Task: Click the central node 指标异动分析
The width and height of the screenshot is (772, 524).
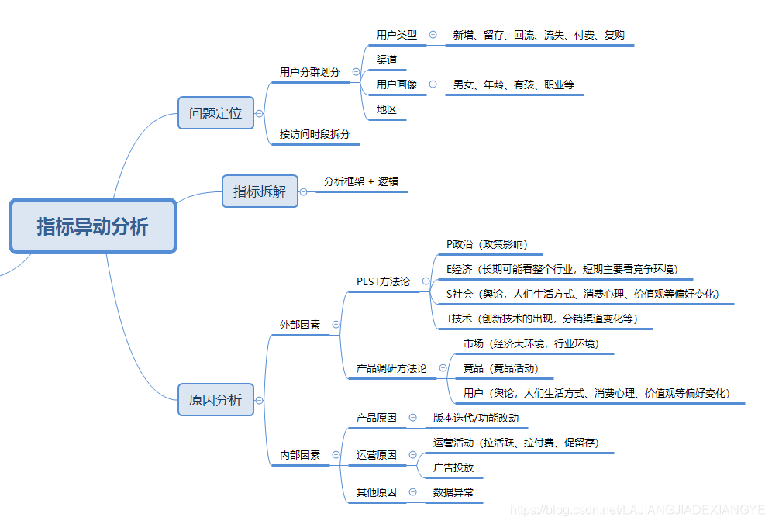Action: click(x=92, y=226)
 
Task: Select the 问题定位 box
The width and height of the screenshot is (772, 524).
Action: click(x=215, y=113)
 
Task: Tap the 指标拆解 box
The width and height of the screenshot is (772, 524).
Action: click(x=260, y=191)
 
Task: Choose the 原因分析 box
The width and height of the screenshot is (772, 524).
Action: click(x=215, y=400)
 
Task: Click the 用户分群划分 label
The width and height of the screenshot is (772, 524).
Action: click(x=310, y=72)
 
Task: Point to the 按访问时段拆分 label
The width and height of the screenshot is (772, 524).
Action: click(x=315, y=134)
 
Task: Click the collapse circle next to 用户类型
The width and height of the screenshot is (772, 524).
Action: click(x=433, y=35)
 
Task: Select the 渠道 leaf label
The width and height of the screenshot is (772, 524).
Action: click(x=387, y=60)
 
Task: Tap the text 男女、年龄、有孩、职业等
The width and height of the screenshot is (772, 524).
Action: click(x=514, y=84)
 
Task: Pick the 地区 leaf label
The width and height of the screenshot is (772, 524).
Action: click(x=387, y=109)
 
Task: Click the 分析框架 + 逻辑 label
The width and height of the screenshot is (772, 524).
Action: click(x=361, y=181)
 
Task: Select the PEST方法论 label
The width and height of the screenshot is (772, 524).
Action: click(x=383, y=281)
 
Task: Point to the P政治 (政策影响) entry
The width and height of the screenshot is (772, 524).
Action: click(x=487, y=244)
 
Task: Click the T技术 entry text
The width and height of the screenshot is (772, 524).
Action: click(x=542, y=319)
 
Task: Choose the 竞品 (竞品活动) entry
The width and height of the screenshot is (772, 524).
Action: click(x=501, y=368)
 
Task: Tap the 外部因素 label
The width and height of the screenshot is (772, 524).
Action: click(x=300, y=325)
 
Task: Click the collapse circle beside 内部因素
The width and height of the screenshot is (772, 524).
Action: click(x=336, y=455)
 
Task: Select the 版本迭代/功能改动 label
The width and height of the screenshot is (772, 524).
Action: click(x=476, y=418)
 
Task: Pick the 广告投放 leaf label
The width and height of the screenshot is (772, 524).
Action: click(x=453, y=467)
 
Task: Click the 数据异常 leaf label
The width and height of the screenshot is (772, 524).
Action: click(x=453, y=491)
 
